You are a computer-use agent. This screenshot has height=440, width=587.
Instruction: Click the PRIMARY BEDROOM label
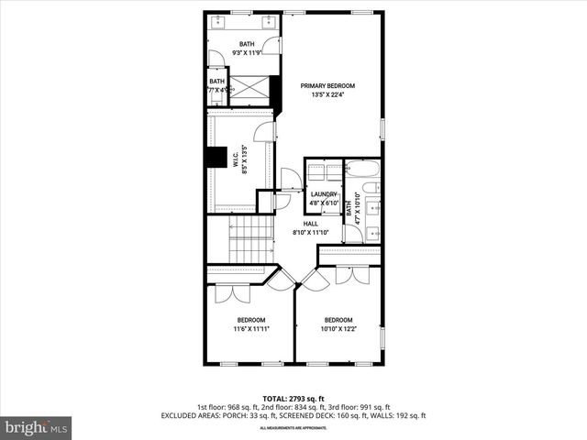coord(327,85)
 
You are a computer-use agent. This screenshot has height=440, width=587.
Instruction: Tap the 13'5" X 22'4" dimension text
coord(327,94)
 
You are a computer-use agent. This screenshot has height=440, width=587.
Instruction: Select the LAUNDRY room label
coord(324,194)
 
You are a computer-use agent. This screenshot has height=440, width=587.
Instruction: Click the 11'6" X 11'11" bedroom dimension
coord(249,329)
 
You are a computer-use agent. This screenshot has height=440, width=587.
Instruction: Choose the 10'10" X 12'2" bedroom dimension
coord(338,329)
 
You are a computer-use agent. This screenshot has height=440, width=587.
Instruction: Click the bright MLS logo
coord(37,426)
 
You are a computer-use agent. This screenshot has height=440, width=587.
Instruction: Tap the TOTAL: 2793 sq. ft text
coord(293,398)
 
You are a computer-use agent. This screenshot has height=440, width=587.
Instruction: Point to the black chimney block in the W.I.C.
coord(216,158)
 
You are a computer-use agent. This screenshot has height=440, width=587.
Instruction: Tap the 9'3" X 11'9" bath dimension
coord(247,53)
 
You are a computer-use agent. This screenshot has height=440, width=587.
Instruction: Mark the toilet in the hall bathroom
coord(370,188)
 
